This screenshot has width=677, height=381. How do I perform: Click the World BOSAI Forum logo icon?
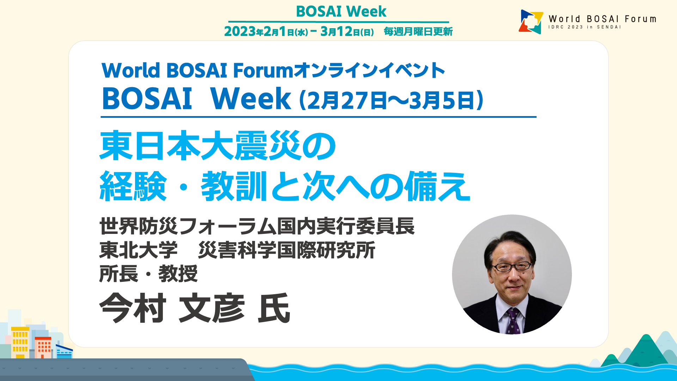pos(531,22)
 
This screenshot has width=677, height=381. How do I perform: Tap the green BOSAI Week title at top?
pos(341,11)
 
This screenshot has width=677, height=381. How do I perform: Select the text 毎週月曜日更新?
pos(418,32)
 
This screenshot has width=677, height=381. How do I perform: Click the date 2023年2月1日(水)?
pos(266,31)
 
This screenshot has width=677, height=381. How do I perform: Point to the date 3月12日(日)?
pos(347,31)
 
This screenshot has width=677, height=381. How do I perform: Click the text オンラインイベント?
pos(369,70)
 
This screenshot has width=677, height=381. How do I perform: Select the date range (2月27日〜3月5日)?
pos(391,100)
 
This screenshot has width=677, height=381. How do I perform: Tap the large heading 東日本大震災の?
pos(218,145)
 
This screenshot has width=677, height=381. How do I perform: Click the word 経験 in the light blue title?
pos(133,186)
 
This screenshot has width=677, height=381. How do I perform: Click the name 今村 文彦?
pos(172,308)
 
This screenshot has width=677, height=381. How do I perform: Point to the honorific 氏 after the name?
pos(274,308)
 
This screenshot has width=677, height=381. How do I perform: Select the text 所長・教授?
pos(148,274)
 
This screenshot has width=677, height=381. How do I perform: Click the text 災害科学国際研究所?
pos(287,250)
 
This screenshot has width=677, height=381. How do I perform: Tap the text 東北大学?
pos(139,250)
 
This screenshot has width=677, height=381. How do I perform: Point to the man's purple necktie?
pos(512,321)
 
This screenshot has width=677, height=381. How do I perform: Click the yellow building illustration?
pos(20,343)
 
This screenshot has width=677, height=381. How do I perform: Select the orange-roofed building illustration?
pos(43,347)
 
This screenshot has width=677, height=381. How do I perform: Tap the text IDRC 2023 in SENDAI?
pos(584,27)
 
